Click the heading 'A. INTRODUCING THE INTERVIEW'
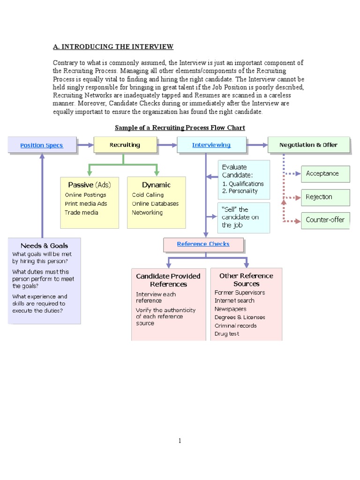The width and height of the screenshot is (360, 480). click(113, 46)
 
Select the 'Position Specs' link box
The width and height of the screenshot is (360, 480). click(42, 145)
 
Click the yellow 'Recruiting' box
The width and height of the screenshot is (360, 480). click(125, 145)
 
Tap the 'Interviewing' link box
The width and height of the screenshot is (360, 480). click(211, 145)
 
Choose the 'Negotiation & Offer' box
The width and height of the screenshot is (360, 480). click(308, 145)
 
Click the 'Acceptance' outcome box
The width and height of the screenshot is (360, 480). click(325, 173)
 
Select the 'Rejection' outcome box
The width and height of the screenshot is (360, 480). click(325, 197)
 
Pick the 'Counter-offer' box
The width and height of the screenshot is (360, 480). click(325, 219)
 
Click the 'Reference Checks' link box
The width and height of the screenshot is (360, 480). click(203, 244)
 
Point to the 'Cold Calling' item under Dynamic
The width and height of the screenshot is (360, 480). click(148, 195)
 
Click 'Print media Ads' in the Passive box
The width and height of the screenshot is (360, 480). click(86, 204)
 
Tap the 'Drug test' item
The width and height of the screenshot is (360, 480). click(227, 334)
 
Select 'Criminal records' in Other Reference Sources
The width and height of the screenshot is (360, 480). click(235, 325)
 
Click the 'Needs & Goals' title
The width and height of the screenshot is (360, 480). click(44, 246)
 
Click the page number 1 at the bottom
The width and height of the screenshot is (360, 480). click(180, 441)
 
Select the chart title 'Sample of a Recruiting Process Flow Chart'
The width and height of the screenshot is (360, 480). click(180, 127)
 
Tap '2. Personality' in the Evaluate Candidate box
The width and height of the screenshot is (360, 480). click(240, 191)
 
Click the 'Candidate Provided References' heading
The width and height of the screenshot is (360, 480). click(168, 280)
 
